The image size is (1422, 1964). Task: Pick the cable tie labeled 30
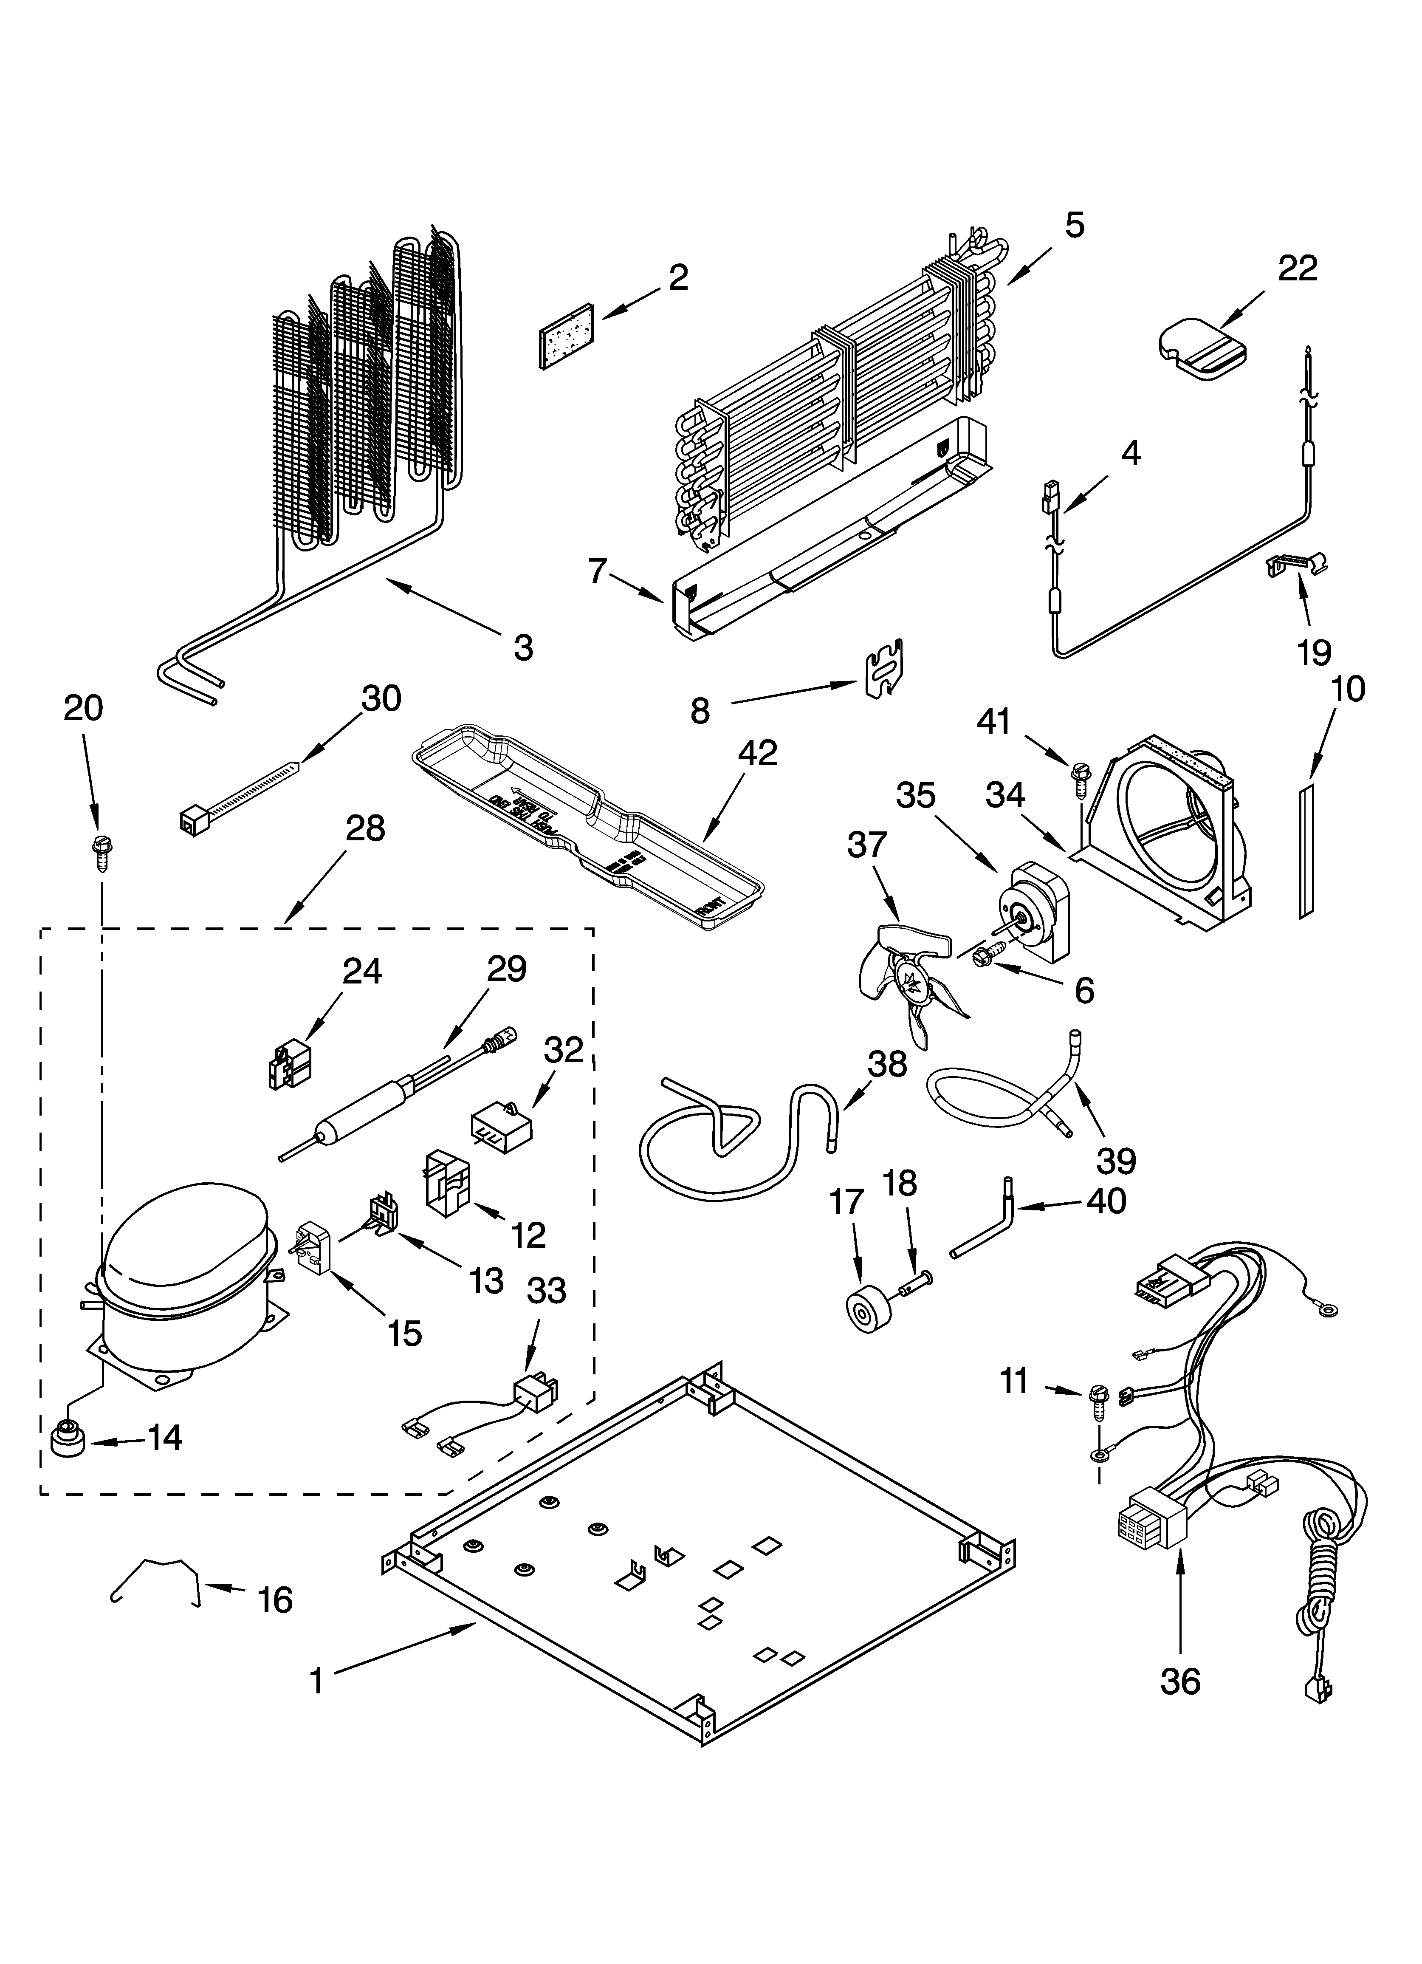pyautogui.click(x=238, y=792)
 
